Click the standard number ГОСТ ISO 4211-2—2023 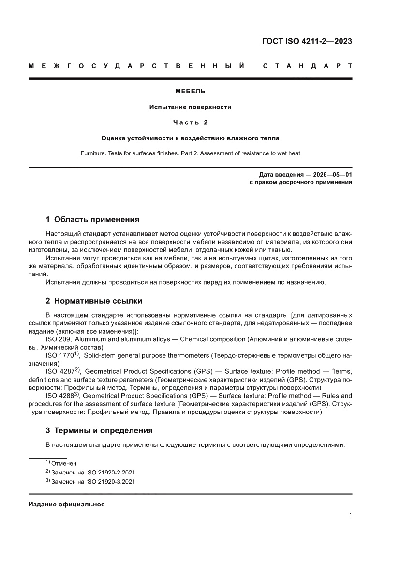click(307, 41)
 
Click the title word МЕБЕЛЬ click(190, 91)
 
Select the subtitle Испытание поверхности click(190, 107)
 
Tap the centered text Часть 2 click(190, 122)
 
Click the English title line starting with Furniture click(190, 153)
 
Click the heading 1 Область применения click(92, 219)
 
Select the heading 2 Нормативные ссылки click(94, 301)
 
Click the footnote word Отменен click(67, 463)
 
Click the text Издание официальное click(67, 504)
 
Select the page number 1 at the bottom click(350, 515)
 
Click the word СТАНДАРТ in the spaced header click(307, 65)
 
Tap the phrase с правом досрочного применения click(300, 183)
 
